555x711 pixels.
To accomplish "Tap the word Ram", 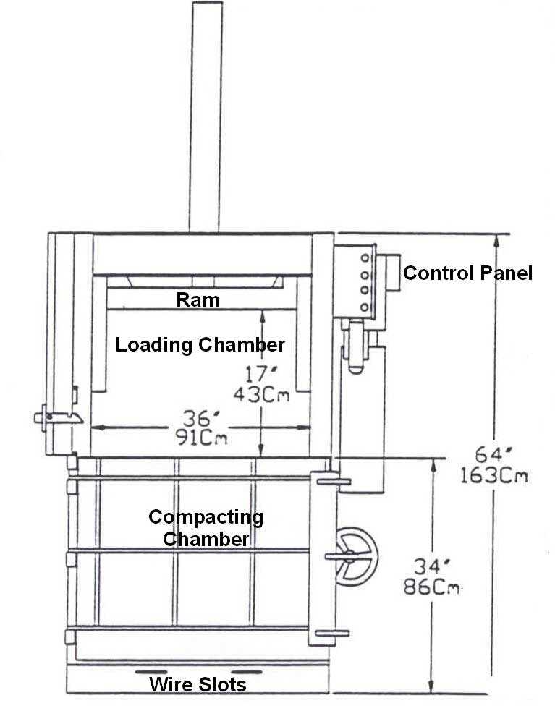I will click(198, 299).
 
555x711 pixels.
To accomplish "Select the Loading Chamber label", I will click(200, 345).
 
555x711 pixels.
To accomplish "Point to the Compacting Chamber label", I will click(206, 528).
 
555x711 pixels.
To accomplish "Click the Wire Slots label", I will click(198, 684).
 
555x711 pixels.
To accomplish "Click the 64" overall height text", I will click(494, 456).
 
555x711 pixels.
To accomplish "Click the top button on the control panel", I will click(365, 257).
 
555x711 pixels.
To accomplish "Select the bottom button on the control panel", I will click(365, 307).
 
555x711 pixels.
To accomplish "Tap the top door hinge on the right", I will click(331, 480).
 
